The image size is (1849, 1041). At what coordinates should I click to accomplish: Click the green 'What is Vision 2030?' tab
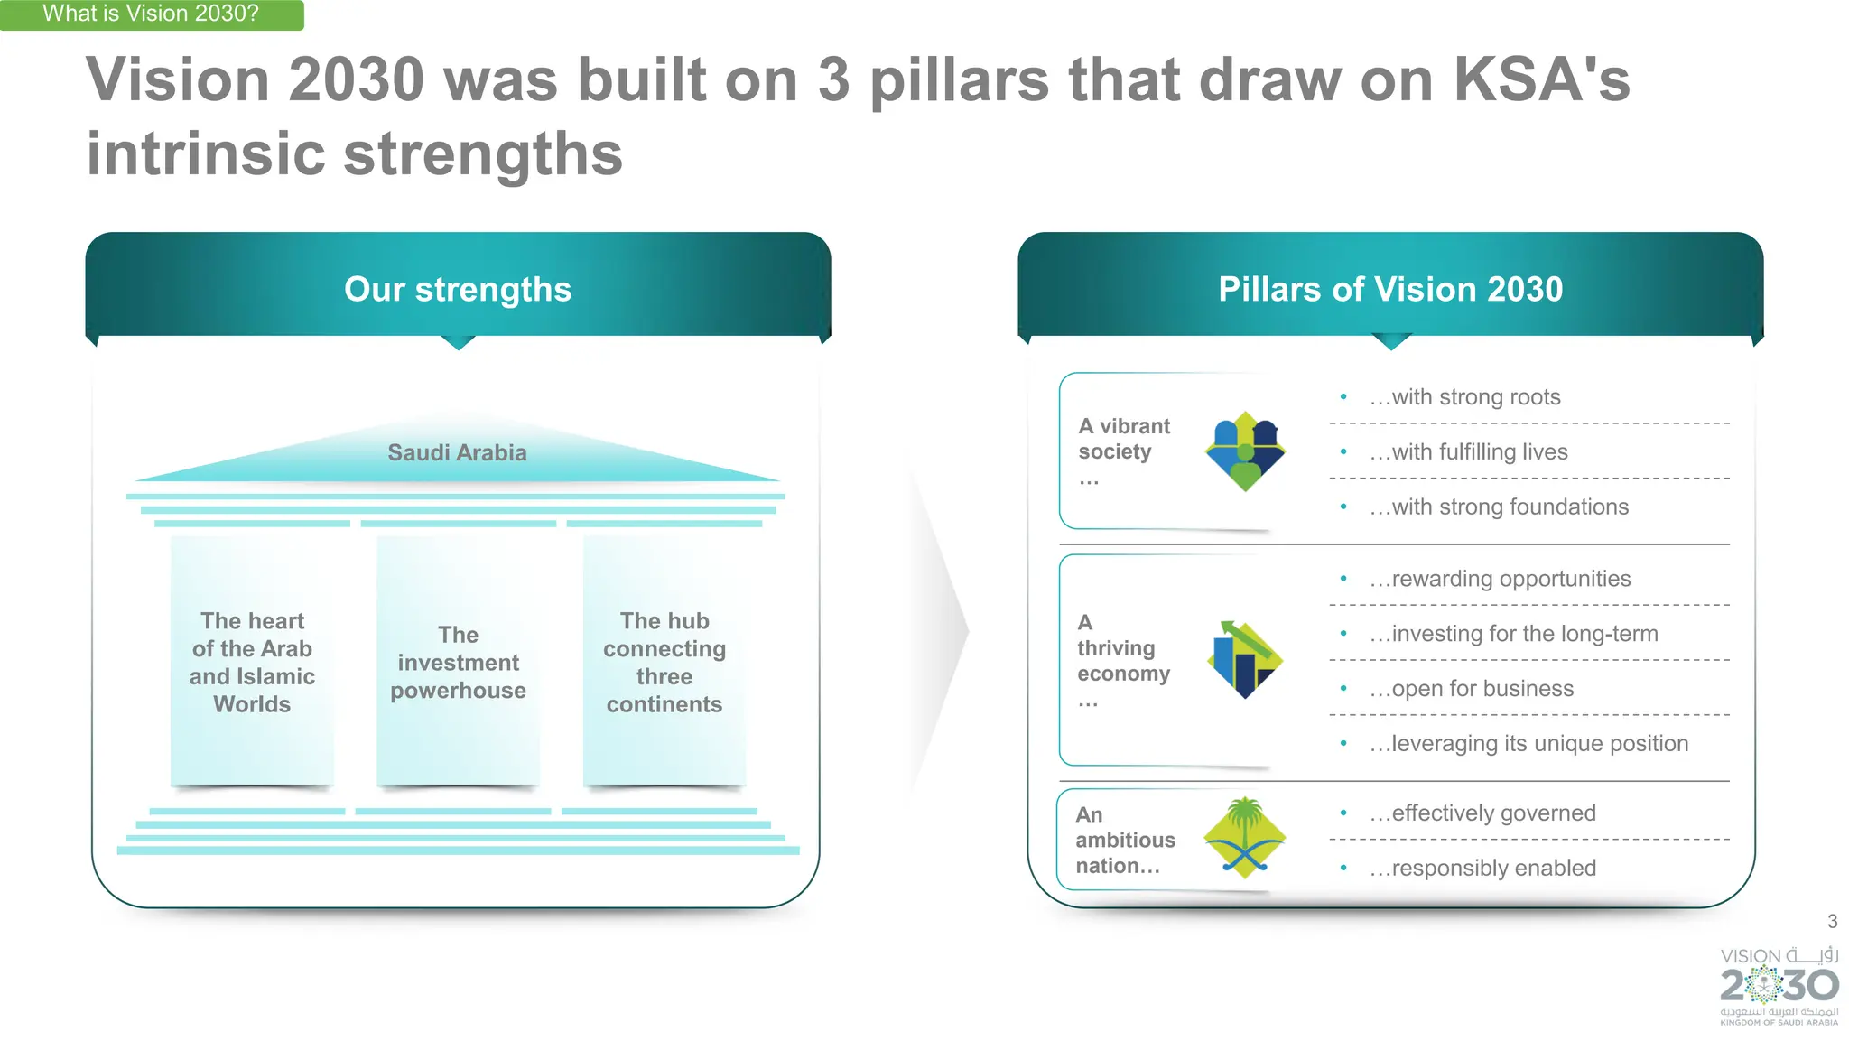pyautogui.click(x=151, y=14)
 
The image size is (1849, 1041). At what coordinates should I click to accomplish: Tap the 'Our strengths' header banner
pyautogui.click(x=458, y=290)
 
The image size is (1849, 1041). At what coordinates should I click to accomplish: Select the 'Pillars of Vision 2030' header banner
pyautogui.click(x=1390, y=290)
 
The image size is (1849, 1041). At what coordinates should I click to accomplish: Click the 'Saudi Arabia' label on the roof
pyautogui.click(x=457, y=452)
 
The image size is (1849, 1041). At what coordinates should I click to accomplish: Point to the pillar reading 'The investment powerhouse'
pyautogui.click(x=458, y=663)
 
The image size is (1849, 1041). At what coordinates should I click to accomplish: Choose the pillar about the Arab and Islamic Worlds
pyautogui.click(x=252, y=663)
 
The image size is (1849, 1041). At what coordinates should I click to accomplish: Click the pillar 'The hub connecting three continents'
pyautogui.click(x=664, y=663)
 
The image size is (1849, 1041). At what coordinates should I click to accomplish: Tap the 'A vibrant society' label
pyautogui.click(x=1123, y=440)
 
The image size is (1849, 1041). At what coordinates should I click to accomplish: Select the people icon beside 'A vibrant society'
pyautogui.click(x=1245, y=451)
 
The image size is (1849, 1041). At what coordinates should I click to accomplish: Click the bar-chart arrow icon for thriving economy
pyautogui.click(x=1245, y=660)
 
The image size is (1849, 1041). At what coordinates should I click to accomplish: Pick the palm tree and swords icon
pyautogui.click(x=1245, y=839)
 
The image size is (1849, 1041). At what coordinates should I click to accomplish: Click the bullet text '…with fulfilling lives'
pyautogui.click(x=1468, y=452)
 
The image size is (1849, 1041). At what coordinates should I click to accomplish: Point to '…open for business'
pyautogui.click(x=1471, y=689)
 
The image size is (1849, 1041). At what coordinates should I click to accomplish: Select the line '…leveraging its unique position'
pyautogui.click(x=1528, y=744)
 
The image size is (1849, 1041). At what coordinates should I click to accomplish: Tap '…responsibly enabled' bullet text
pyautogui.click(x=1482, y=869)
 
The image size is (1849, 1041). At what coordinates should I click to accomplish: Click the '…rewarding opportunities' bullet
pyautogui.click(x=1500, y=579)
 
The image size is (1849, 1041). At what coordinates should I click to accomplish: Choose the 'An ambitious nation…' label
pyautogui.click(x=1125, y=841)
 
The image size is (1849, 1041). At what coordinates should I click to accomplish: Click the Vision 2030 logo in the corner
pyautogui.click(x=1779, y=986)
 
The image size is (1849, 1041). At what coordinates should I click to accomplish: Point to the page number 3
pyautogui.click(x=1832, y=922)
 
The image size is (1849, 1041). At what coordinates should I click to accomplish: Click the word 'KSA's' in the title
pyautogui.click(x=1541, y=79)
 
